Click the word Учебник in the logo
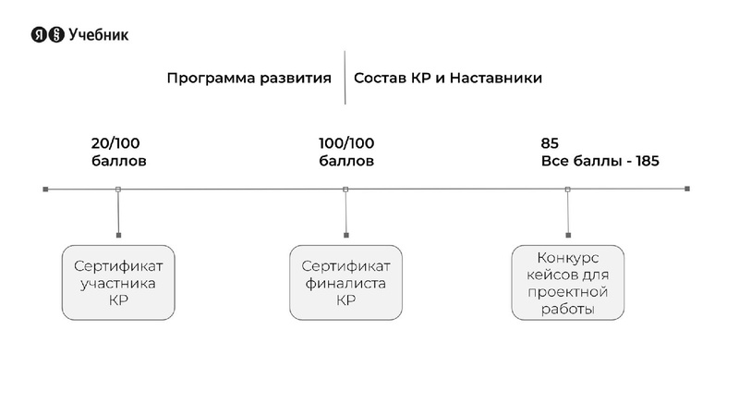coord(99,35)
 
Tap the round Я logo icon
coord(39,35)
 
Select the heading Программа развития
coord(248,79)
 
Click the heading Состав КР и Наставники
coord(448,79)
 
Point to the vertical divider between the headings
coord(345,78)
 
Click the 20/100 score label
coord(115,143)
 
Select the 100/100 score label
coord(346,143)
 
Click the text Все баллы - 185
coord(600,161)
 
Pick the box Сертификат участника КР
coord(118,282)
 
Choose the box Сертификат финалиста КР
coord(345,282)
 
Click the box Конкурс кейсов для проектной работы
coord(567,282)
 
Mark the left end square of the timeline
coord(45,190)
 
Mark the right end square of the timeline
coord(687,190)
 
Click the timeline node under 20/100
coord(118,190)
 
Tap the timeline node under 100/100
coord(345,190)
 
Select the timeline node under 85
coord(567,190)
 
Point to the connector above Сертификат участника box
coord(118,214)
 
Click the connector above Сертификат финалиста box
coord(345,214)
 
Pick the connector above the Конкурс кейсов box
coord(567,214)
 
